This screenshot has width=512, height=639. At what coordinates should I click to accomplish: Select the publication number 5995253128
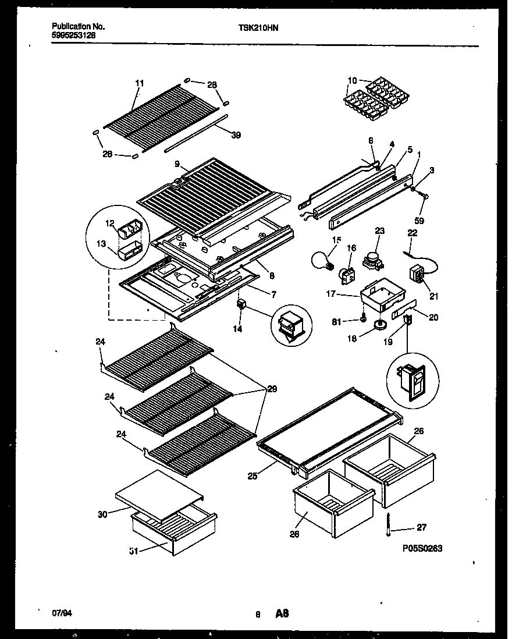pos(74,35)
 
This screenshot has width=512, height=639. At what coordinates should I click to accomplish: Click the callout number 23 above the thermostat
pos(380,230)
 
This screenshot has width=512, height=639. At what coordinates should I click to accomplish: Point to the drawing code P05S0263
pos(426,548)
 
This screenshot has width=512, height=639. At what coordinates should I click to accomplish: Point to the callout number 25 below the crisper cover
pos(251,476)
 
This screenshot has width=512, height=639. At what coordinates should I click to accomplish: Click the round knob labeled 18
pos(382,324)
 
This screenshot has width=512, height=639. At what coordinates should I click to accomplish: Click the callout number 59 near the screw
pos(424,221)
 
